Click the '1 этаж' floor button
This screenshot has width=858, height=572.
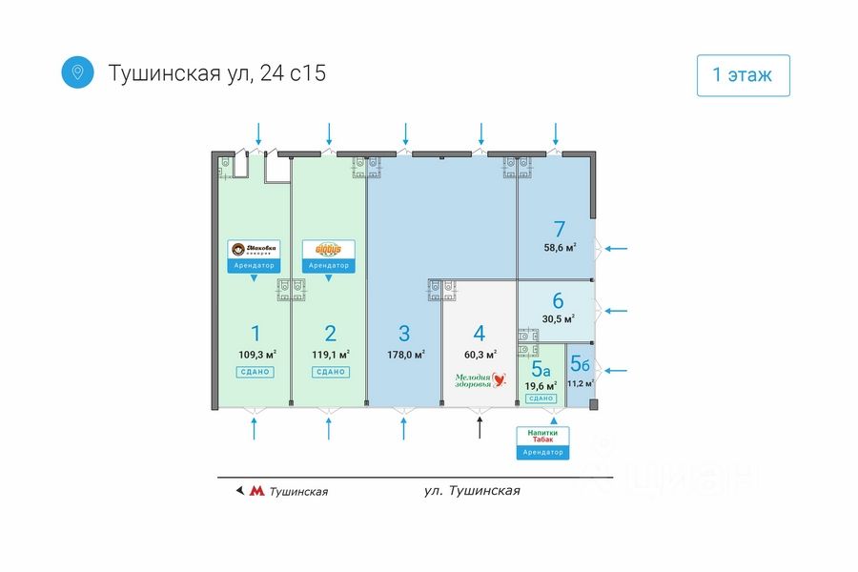[x=743, y=75]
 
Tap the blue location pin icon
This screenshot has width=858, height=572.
[x=77, y=72]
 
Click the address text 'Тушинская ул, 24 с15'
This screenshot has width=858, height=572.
[x=217, y=73]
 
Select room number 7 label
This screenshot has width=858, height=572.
[x=560, y=229]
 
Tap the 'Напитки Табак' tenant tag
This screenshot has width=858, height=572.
[x=543, y=437]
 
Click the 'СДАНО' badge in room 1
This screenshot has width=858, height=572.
[x=255, y=372]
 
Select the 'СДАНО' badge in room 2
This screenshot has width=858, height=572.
[x=330, y=372]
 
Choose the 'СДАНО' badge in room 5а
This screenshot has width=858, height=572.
[x=541, y=398]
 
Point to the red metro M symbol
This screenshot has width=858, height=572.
[x=256, y=492]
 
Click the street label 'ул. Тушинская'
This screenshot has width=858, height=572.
[x=472, y=491]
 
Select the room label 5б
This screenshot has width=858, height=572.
[x=580, y=363]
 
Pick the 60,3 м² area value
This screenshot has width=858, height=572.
[x=480, y=355]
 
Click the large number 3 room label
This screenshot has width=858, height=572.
[x=404, y=334]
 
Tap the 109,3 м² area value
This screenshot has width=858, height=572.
[x=255, y=355]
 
